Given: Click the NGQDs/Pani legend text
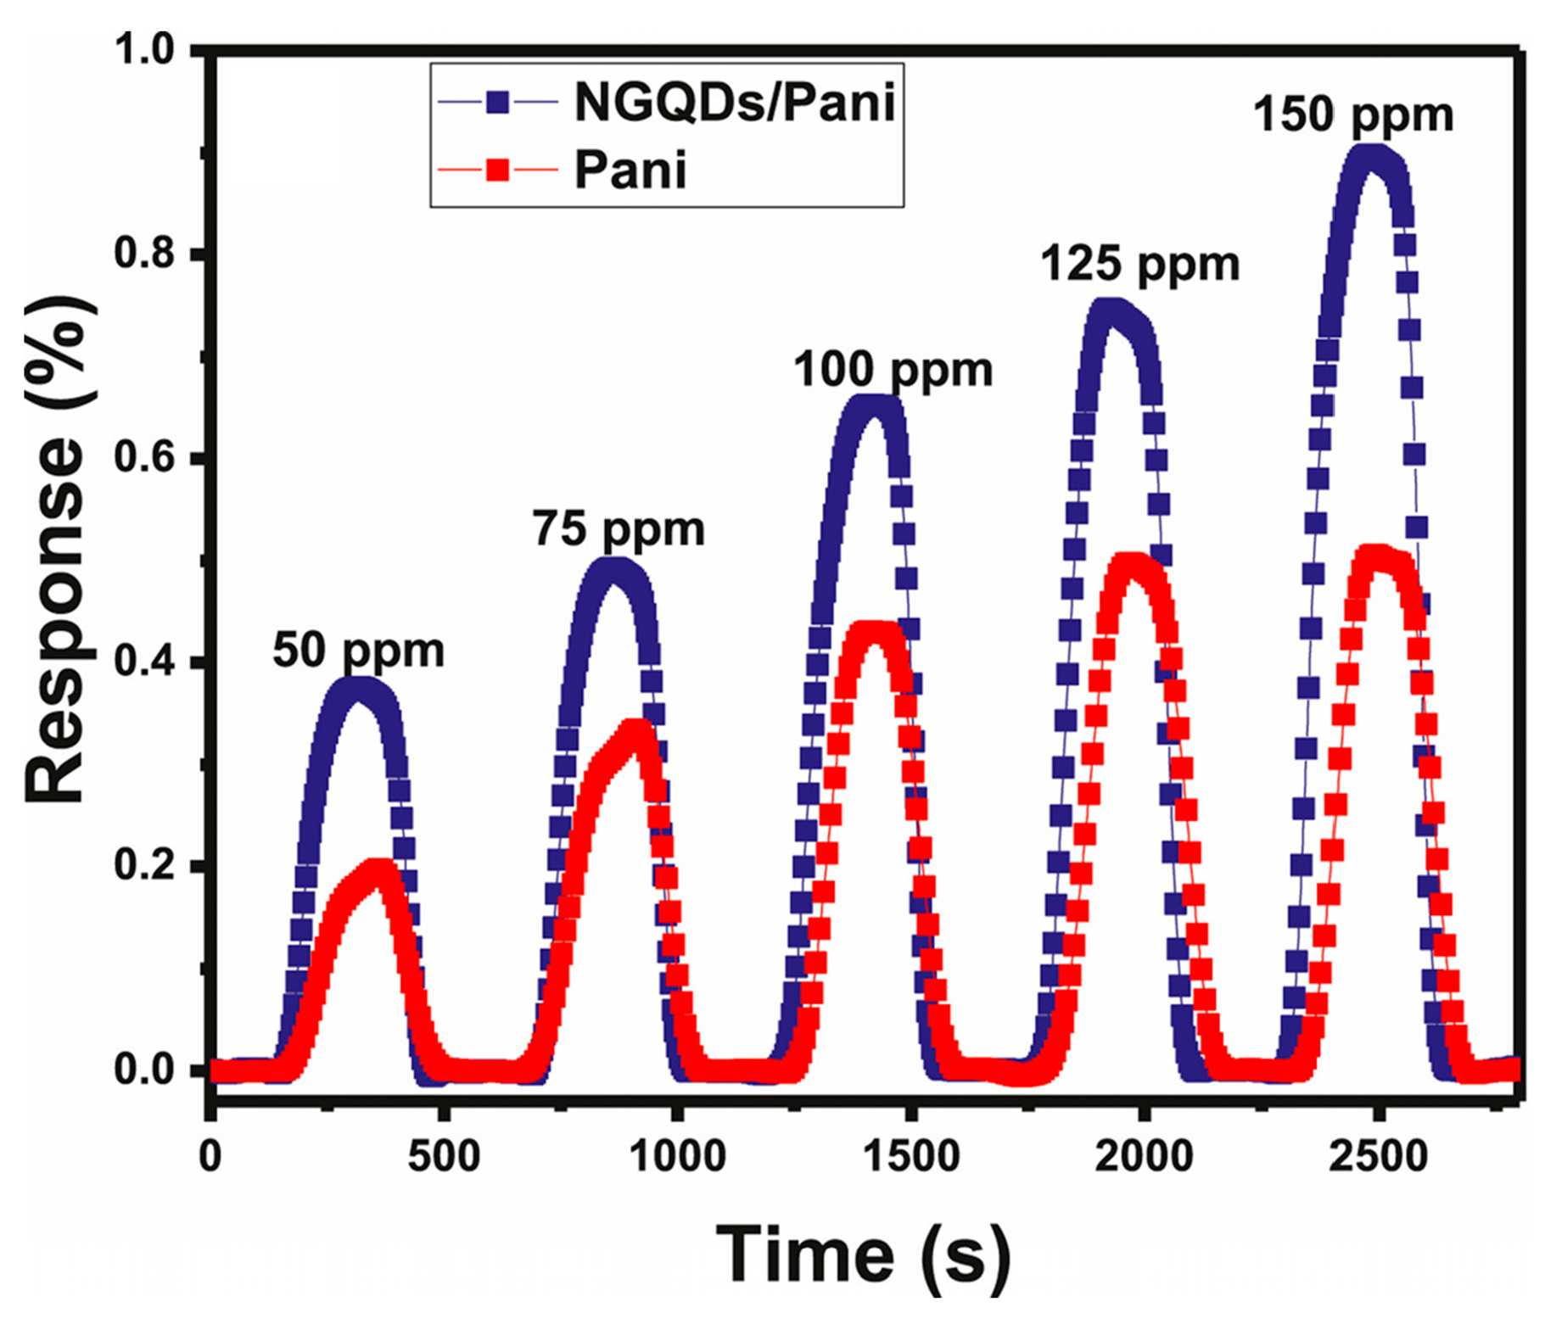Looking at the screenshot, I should pos(735,103).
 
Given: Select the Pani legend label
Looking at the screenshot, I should pos(630,170).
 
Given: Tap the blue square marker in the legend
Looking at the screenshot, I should pos(498,103).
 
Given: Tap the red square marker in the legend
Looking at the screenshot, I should pos(498,170).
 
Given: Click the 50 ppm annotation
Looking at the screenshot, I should pos(358,651).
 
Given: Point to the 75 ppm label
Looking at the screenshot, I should pos(619,530).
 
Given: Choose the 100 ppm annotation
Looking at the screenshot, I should pos(893,371).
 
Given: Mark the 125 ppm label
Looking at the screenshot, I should pos(1139,265).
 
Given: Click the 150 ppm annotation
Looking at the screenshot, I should pos(1352,115).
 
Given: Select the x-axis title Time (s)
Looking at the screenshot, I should pos(864,1254).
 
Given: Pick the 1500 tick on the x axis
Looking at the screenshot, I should pos(912,1156).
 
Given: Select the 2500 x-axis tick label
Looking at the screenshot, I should pos(1379,1156).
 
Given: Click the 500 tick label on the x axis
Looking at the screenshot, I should pos(444,1156).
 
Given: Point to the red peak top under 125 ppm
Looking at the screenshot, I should pos(1133,564).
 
